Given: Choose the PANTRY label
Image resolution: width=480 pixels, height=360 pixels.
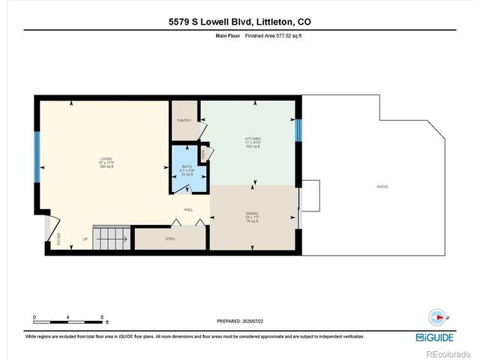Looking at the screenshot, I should [x=184, y=120].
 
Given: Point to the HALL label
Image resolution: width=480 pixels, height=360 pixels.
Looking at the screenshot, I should [x=190, y=209].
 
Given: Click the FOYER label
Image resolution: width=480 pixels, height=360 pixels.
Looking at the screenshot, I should [x=58, y=239].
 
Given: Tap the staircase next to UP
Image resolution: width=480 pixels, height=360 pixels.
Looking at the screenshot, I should [x=111, y=238].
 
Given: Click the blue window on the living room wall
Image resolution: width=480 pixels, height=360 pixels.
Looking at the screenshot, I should [x=35, y=157].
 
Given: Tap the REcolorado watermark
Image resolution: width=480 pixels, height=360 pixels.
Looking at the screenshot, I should [x=447, y=353].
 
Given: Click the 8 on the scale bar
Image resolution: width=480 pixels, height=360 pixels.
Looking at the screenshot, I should [x=102, y=317].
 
